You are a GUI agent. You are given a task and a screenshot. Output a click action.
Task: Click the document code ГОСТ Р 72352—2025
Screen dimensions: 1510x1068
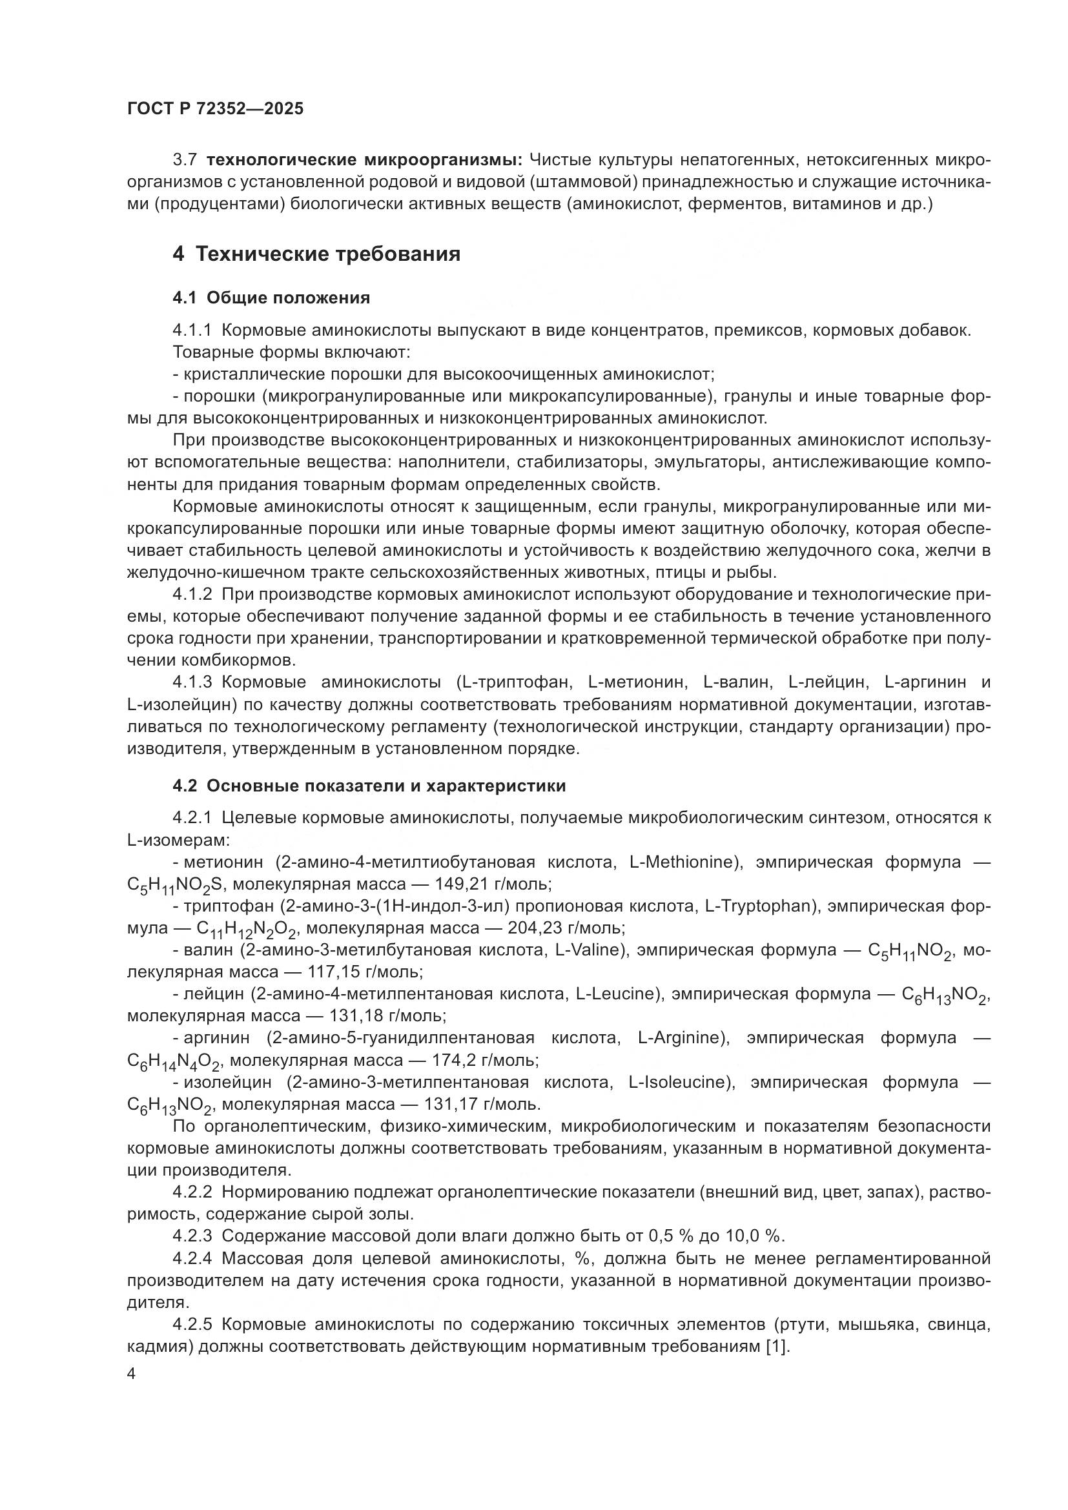[215, 109]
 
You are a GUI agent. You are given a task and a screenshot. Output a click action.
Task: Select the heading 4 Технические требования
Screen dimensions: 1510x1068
[316, 254]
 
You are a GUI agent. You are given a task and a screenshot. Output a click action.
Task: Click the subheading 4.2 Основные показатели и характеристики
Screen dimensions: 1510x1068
[369, 786]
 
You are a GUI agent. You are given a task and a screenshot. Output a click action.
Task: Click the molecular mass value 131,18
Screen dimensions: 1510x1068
[356, 1015]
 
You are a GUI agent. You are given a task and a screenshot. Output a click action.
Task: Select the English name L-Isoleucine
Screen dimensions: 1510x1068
[676, 1082]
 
